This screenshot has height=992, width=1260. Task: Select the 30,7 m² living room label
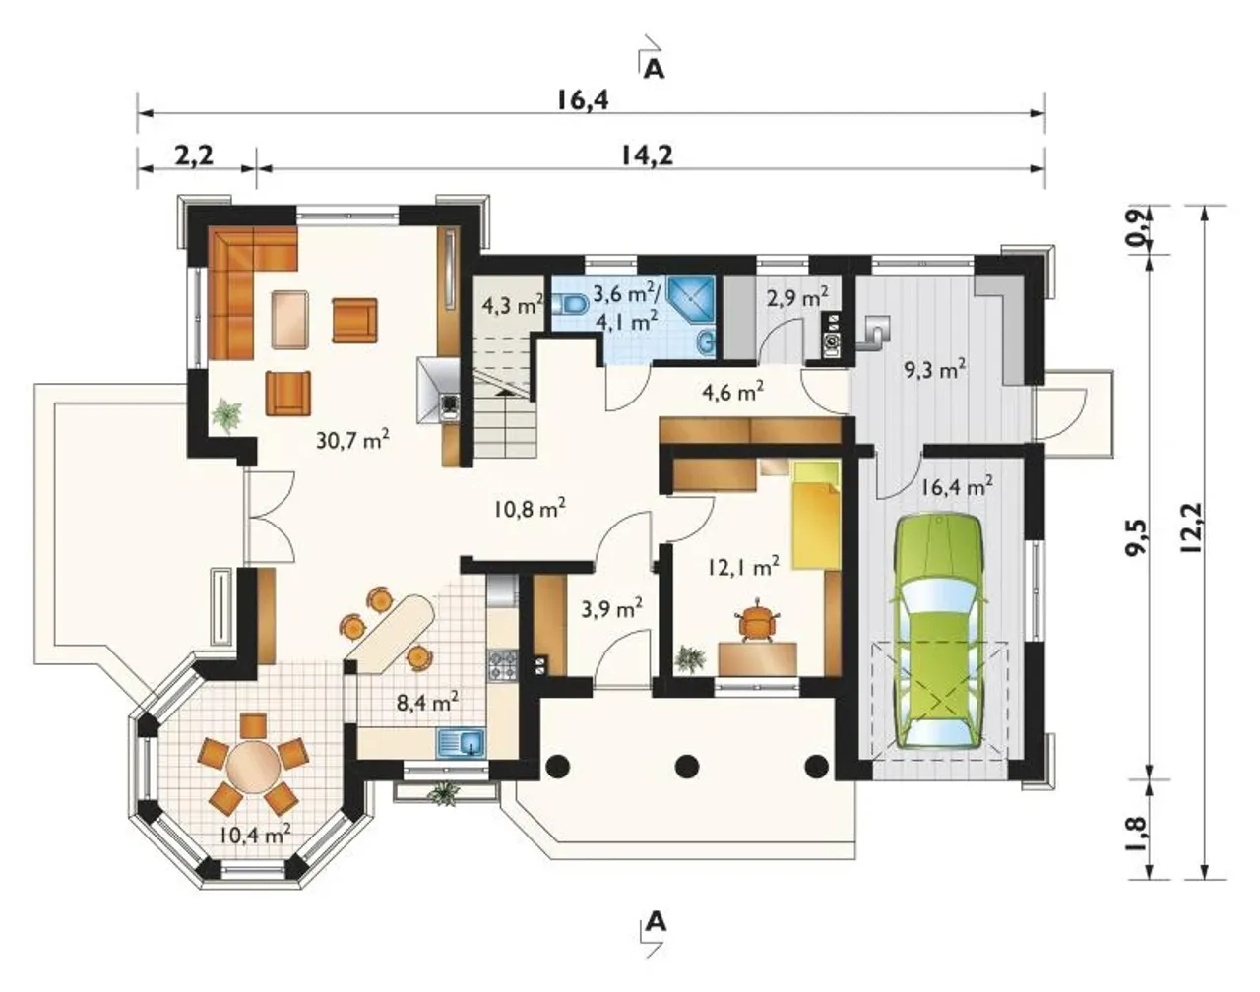(353, 439)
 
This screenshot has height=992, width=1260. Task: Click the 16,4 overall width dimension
(583, 100)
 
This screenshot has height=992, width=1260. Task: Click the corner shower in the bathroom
(691, 300)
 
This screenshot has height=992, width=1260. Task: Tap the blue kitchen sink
(462, 744)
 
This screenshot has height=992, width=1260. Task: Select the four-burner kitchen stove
(504, 666)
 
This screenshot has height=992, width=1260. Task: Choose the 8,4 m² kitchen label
(427, 702)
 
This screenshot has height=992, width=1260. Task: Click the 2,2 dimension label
(194, 156)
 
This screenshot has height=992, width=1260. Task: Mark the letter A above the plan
(655, 70)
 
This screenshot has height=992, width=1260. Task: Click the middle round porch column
(687, 766)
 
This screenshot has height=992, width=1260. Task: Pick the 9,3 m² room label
(935, 370)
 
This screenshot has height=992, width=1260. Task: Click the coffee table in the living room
(291, 320)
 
